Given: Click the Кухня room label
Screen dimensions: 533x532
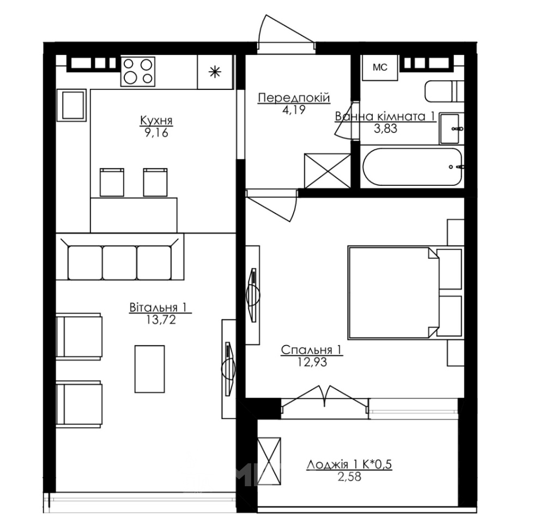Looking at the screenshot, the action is (x=156, y=120).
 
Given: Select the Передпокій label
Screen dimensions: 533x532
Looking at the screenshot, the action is (x=294, y=98).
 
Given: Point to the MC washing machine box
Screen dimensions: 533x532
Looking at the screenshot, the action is (x=380, y=67).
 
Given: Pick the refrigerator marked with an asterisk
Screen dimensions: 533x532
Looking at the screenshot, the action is (x=215, y=72).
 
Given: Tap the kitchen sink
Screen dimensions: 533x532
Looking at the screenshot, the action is (x=72, y=105).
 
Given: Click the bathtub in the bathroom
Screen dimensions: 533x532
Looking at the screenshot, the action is (x=412, y=167).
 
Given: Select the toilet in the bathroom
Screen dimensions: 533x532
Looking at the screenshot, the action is (x=444, y=91).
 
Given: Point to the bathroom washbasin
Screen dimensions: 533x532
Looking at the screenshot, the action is (x=451, y=129).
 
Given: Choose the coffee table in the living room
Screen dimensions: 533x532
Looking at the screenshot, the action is (x=150, y=369).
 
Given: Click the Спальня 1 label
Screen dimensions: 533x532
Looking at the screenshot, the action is (x=312, y=350).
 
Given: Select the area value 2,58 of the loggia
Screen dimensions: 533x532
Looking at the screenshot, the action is (x=349, y=476).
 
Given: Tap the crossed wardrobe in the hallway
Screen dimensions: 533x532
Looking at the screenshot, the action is (x=328, y=171).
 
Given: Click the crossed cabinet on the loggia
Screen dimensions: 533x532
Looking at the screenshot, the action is (x=269, y=461).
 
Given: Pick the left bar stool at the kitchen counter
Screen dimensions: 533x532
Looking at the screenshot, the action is (x=112, y=182).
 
